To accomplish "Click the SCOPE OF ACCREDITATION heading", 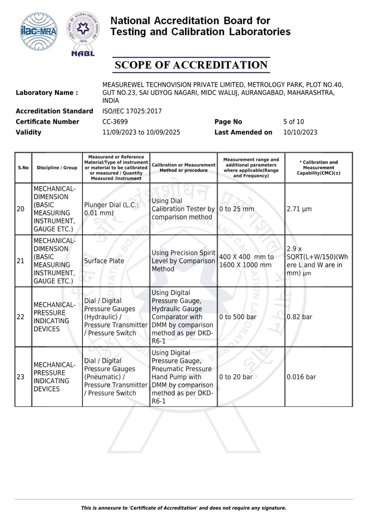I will tap(191, 65).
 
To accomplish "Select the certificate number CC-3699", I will tap(115, 122).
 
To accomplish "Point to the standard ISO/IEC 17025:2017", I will tap(132, 111).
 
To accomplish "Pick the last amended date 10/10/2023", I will tap(300, 133).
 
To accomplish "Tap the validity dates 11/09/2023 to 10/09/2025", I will tap(141, 133).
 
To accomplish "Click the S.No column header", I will tap(23, 167).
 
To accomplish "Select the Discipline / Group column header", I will tap(57, 167).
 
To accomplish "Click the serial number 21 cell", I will tap(21, 261).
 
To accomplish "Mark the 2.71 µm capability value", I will tap(299, 209).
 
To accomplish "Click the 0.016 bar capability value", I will tap(301, 376).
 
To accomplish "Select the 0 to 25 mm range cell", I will tap(236, 209).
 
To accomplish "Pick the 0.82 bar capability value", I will tap(299, 317).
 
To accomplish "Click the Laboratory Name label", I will tap(47, 93).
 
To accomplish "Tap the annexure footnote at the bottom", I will tap(183, 507).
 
